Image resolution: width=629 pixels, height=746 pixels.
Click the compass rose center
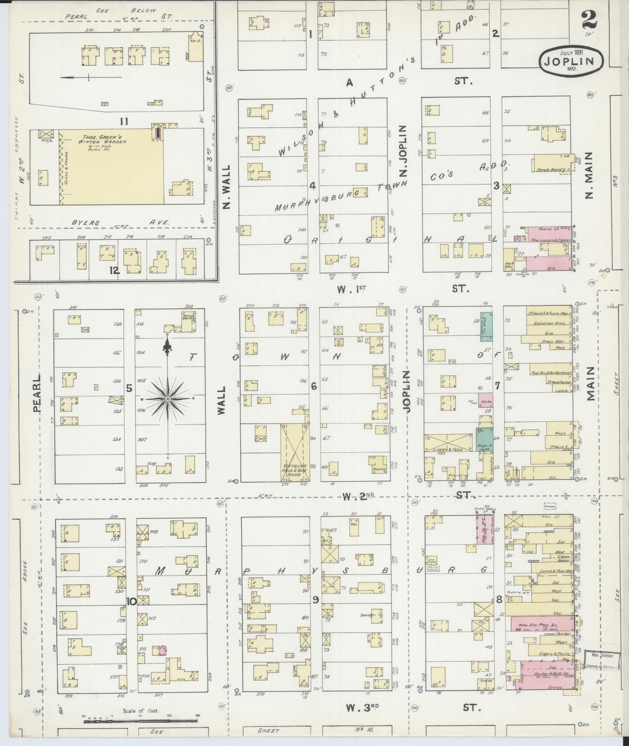pos(168,399)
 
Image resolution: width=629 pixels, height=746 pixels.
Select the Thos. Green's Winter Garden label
pos(105,140)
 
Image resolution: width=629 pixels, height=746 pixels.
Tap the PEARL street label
pos(37,394)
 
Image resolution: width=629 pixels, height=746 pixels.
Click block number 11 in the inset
pos(124,122)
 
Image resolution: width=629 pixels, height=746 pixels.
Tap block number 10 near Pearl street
pos(131,601)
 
